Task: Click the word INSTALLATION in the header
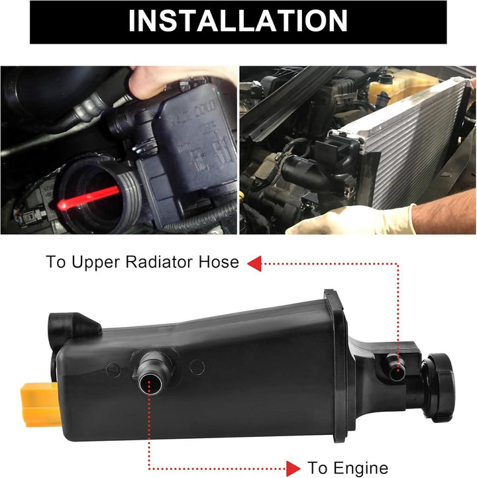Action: click(238, 21)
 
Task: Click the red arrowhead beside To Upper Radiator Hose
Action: click(253, 263)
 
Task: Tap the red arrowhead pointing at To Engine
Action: click(292, 467)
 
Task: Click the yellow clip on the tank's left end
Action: click(40, 404)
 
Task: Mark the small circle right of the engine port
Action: click(197, 366)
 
